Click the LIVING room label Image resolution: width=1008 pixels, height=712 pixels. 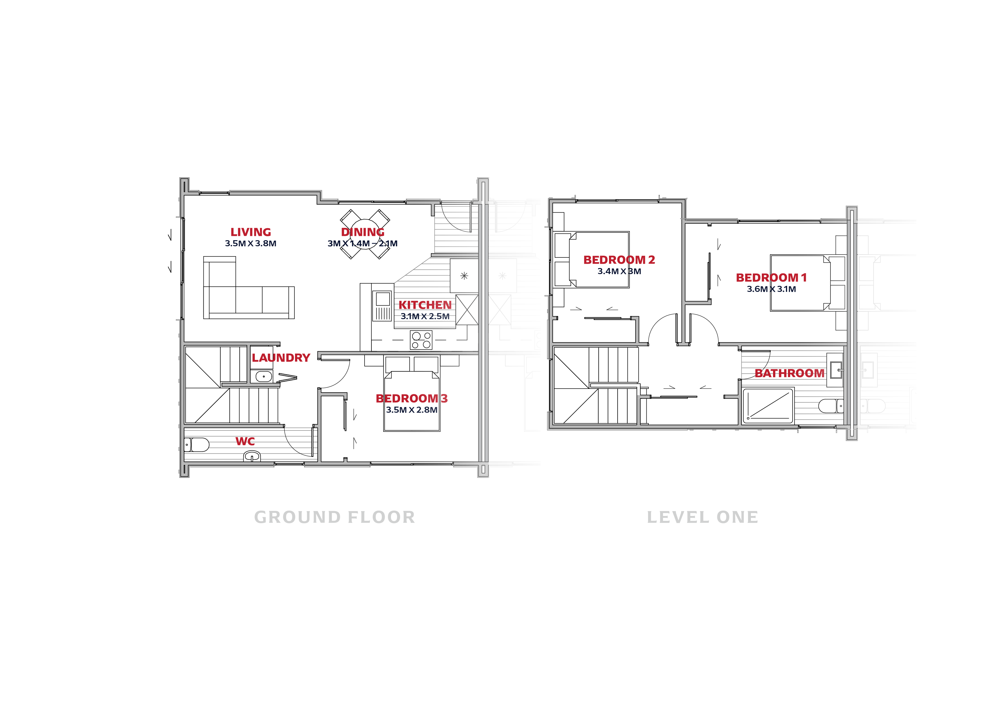(251, 232)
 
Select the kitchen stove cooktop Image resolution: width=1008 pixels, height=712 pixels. (421, 340)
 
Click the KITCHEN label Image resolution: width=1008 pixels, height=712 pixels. (425, 305)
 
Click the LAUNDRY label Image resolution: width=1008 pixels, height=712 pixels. (281, 358)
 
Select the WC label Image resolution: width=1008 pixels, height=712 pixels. (245, 441)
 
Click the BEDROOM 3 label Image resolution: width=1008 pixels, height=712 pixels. (412, 398)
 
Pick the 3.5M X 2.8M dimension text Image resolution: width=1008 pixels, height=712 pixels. (412, 410)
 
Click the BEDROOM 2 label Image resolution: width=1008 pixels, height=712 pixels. (619, 260)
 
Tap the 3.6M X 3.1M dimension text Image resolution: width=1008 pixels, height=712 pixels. (771, 289)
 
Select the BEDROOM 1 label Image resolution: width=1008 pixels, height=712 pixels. (771, 278)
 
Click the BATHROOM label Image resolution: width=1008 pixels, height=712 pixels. (789, 373)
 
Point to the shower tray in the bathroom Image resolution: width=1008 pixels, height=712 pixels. (768, 406)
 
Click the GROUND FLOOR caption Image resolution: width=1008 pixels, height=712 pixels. (335, 517)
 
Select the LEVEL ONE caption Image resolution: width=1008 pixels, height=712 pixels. (702, 517)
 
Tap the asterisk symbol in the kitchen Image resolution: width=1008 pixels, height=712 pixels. (464, 276)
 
